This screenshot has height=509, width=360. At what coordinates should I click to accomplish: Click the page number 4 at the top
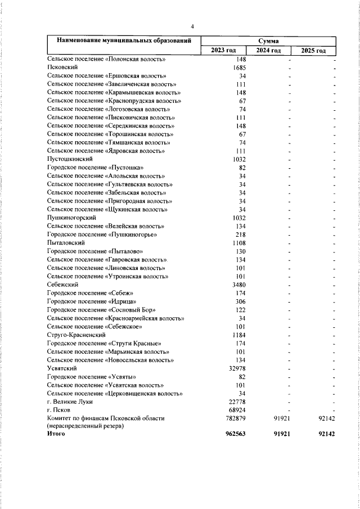pos(192,26)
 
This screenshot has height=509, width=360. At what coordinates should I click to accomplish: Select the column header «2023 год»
pos(223,51)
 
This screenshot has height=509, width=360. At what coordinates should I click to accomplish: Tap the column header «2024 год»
pos(268,51)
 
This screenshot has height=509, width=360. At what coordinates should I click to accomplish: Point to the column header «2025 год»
pos(313,51)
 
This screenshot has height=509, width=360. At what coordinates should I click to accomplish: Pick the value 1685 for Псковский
pos(240,67)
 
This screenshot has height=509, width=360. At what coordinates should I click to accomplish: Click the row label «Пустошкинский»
pos(69,160)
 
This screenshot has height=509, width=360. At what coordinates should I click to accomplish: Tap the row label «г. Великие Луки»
pos(70,402)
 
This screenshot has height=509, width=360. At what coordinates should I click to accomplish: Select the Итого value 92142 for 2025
pos(326,435)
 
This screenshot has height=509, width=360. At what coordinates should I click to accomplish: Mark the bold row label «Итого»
pos(56,435)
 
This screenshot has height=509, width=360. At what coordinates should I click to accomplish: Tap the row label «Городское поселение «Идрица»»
pos(90,301)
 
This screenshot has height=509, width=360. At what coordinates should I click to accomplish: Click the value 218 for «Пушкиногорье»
pos(241,235)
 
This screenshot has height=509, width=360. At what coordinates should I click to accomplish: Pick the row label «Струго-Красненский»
pos(76,335)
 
